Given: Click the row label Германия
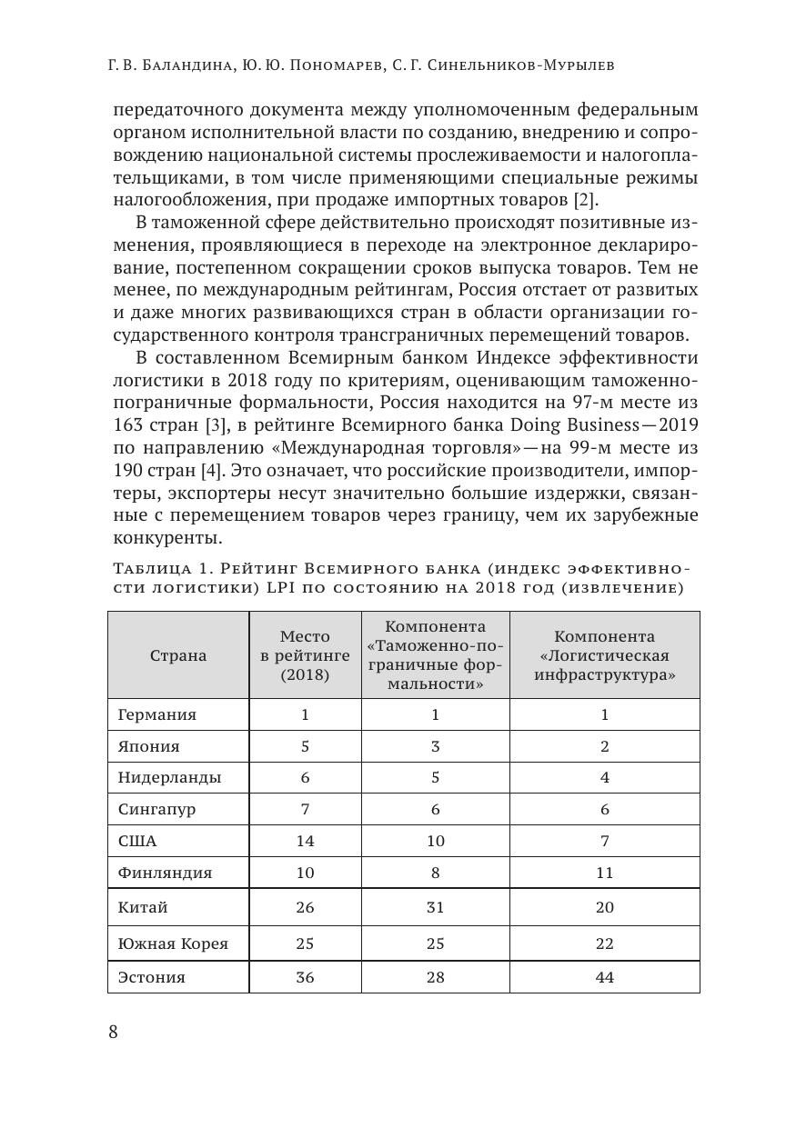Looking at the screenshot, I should point(156,714).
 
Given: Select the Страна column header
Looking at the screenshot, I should point(178,655).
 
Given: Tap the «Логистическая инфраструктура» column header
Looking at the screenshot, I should point(604,656).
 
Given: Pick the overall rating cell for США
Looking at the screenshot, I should point(305,841).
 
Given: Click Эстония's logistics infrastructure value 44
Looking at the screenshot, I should point(604,977).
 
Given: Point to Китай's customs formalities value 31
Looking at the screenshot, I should point(435,907).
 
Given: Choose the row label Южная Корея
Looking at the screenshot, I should point(173,943).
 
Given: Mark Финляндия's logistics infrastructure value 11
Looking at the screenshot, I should point(604,873).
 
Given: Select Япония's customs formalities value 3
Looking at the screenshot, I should point(435,746).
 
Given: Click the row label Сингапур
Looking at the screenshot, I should point(156,809).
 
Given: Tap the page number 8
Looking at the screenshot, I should point(114,1032).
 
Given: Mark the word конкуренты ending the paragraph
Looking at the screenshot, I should point(163,538).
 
